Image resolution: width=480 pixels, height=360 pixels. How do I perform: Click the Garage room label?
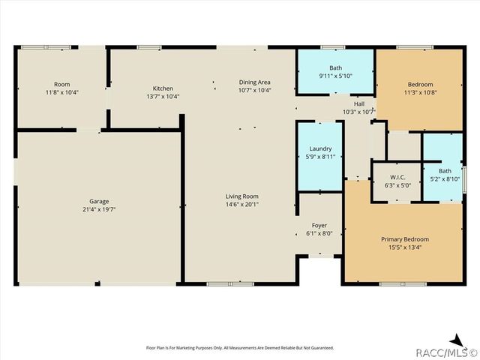coord(100,201)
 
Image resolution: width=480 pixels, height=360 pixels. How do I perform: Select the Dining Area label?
coord(254,82)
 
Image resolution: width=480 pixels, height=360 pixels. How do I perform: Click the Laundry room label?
coord(320,148)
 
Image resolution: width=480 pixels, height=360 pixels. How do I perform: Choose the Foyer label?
coord(319,225)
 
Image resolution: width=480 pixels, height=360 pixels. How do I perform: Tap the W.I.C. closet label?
coord(397,176)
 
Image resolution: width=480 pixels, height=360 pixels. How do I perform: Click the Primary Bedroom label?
coord(403,238)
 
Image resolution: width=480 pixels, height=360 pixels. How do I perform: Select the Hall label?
coord(358,103)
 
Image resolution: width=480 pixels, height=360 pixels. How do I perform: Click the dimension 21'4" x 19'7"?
coord(100,209)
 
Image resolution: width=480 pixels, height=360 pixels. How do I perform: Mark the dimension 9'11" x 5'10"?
coord(335,76)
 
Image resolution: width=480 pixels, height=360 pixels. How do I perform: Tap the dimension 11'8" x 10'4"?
coord(61,92)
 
